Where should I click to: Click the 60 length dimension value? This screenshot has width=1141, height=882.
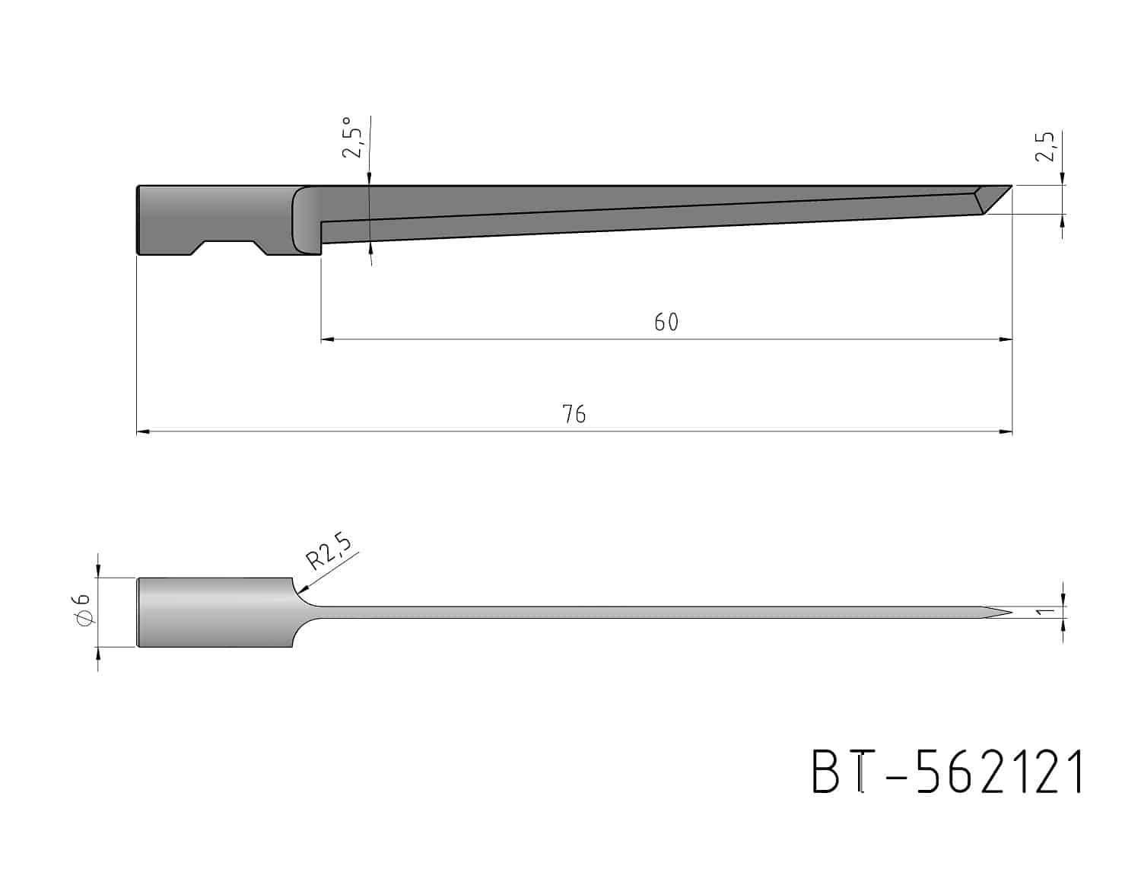[666, 322]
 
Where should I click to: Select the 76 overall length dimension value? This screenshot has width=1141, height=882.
[574, 415]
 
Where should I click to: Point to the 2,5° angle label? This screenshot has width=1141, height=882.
[351, 138]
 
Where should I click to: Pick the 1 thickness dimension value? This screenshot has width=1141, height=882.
[1047, 611]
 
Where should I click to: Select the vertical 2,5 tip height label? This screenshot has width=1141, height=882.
[1045, 147]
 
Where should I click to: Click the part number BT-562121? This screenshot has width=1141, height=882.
[947, 772]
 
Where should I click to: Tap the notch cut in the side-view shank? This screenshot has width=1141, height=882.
[229, 249]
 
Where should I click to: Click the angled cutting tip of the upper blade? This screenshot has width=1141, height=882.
[993, 199]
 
